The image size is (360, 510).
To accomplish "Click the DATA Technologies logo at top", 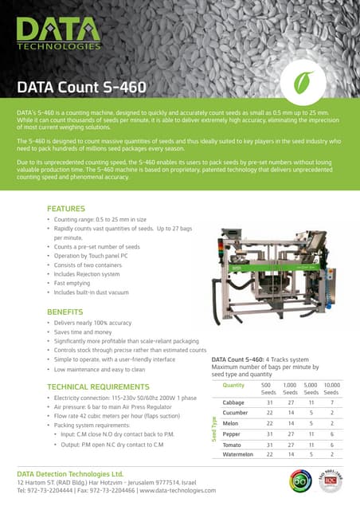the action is point(57,35).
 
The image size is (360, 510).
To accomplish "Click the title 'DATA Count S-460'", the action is point(82,86).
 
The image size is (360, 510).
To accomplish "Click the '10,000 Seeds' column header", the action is point(331,388).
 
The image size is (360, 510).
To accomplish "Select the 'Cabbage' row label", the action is point(233,402).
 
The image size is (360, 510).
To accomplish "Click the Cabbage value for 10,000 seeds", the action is point(331,402).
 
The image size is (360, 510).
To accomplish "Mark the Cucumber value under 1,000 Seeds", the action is point(291,413).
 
